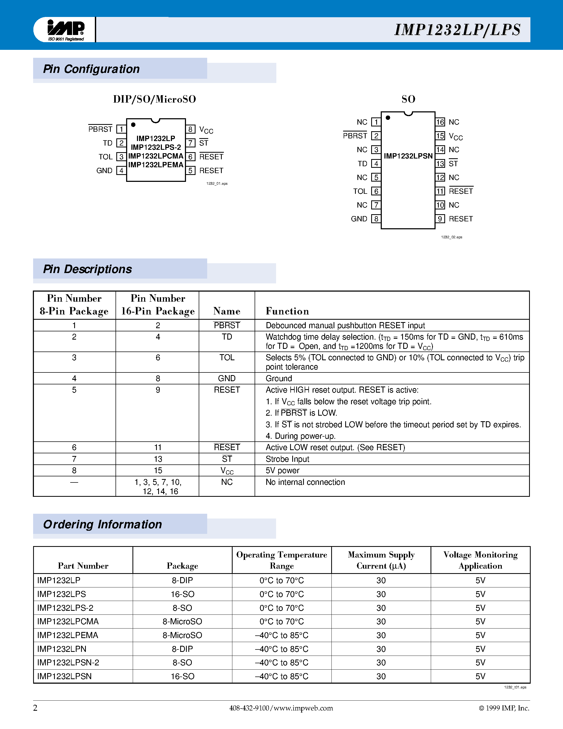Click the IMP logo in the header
[66, 29]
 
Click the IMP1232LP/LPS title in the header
[457, 30]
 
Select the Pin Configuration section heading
[91, 69]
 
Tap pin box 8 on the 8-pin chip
[190, 129]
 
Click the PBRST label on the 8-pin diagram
[100, 129]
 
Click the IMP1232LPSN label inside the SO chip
[408, 156]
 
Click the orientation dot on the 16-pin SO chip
[388, 117]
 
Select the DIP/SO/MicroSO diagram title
[154, 99]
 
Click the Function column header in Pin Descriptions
[287, 311]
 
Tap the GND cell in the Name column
[227, 378]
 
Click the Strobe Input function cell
[287, 459]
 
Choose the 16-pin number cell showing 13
[158, 459]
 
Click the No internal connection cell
[305, 482]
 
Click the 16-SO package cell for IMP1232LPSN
[183, 676]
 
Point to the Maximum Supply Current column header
[381, 560]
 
